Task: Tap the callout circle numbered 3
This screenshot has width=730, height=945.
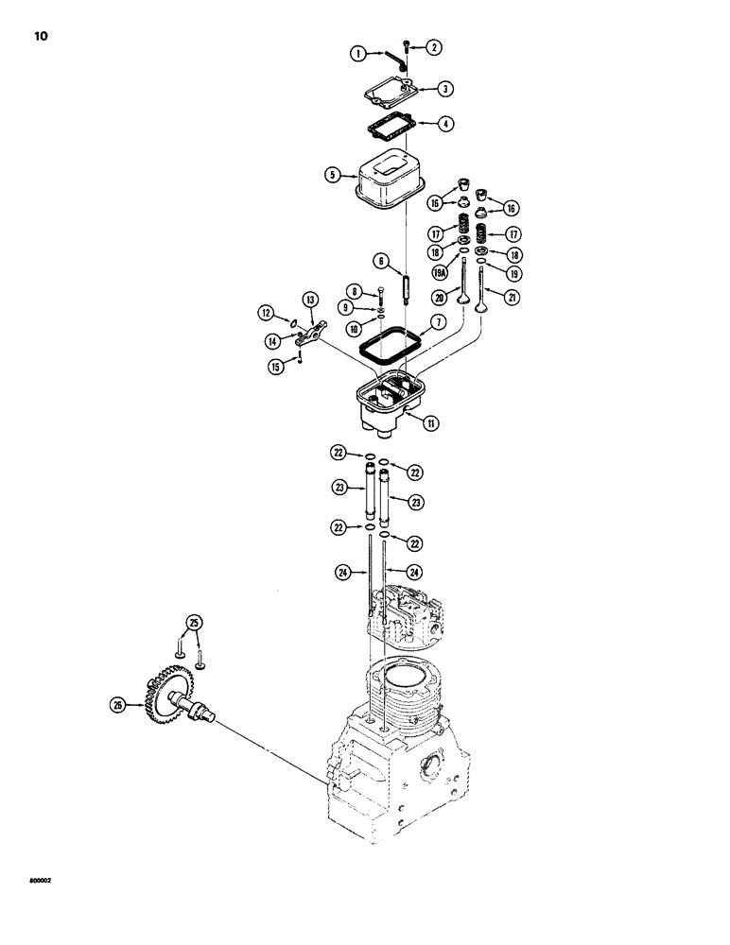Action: point(445,89)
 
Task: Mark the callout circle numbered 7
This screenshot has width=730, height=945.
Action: point(438,322)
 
